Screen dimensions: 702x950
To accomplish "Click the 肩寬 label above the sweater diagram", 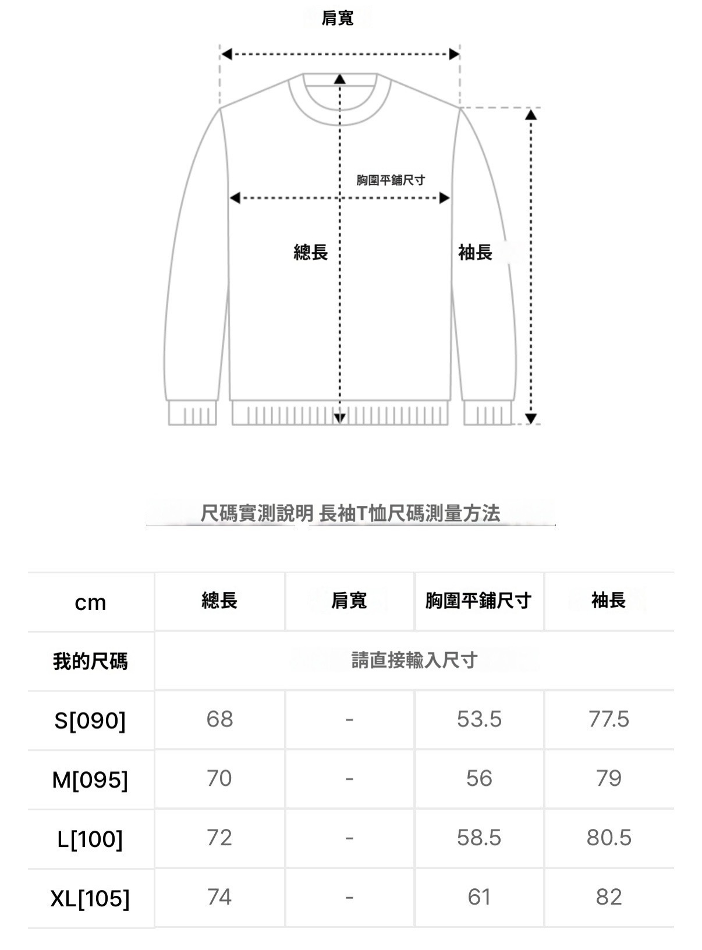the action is click(338, 19).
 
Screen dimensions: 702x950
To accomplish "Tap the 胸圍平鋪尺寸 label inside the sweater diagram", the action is click(391, 180).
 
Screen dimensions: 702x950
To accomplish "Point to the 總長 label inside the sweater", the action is click(311, 252).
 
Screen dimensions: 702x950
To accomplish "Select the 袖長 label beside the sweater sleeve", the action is click(476, 252).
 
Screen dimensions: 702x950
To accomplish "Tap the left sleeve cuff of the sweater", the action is click(192, 413).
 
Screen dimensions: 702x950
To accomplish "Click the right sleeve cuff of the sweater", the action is click(488, 413).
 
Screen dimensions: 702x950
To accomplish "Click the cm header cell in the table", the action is click(90, 602).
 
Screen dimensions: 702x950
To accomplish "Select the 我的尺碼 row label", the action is click(90, 661).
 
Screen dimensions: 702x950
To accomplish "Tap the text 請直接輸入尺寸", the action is click(414, 660).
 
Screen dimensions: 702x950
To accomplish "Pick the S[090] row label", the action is click(90, 721).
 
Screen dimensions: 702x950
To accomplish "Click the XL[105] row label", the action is click(90, 898).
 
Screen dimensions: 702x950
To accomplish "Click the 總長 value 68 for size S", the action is click(219, 719).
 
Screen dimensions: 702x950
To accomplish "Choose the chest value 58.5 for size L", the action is click(479, 837).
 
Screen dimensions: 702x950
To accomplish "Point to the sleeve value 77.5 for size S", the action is click(609, 719).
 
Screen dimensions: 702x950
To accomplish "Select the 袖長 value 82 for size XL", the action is click(609, 897).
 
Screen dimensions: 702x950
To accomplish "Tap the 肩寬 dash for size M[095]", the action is click(349, 778).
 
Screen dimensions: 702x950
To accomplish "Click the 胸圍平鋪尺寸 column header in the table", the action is click(478, 601).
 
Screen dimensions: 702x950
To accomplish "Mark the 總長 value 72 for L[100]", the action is click(219, 837).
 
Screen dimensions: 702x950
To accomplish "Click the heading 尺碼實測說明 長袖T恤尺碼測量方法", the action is click(350, 513).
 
